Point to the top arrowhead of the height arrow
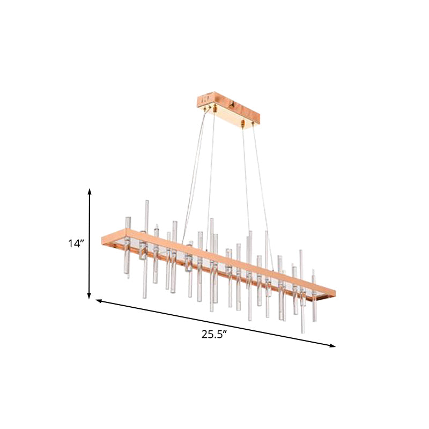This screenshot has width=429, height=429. coord(90,190)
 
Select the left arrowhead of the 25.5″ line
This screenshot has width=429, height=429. coord(99,301)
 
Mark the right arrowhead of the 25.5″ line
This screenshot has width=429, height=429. coord(333,346)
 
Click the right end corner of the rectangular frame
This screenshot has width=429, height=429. coord(335,293)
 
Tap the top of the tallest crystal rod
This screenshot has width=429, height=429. coord(146,202)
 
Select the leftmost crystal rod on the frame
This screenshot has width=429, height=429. coord(128,247)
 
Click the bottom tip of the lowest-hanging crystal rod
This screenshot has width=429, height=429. coord(303,331)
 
